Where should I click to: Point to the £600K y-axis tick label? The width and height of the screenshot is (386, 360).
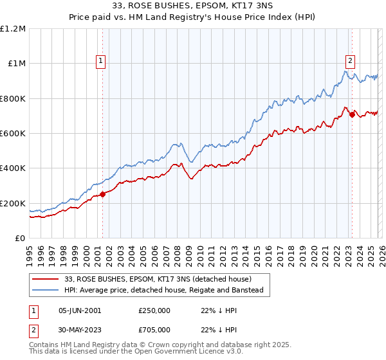(13, 134)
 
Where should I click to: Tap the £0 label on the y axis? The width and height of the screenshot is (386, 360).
(20, 239)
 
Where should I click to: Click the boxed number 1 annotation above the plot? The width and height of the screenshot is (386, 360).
(102, 62)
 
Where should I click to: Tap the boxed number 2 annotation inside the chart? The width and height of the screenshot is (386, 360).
(351, 62)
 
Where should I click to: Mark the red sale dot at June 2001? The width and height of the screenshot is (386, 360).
(103, 195)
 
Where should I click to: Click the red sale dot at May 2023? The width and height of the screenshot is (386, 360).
(352, 115)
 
